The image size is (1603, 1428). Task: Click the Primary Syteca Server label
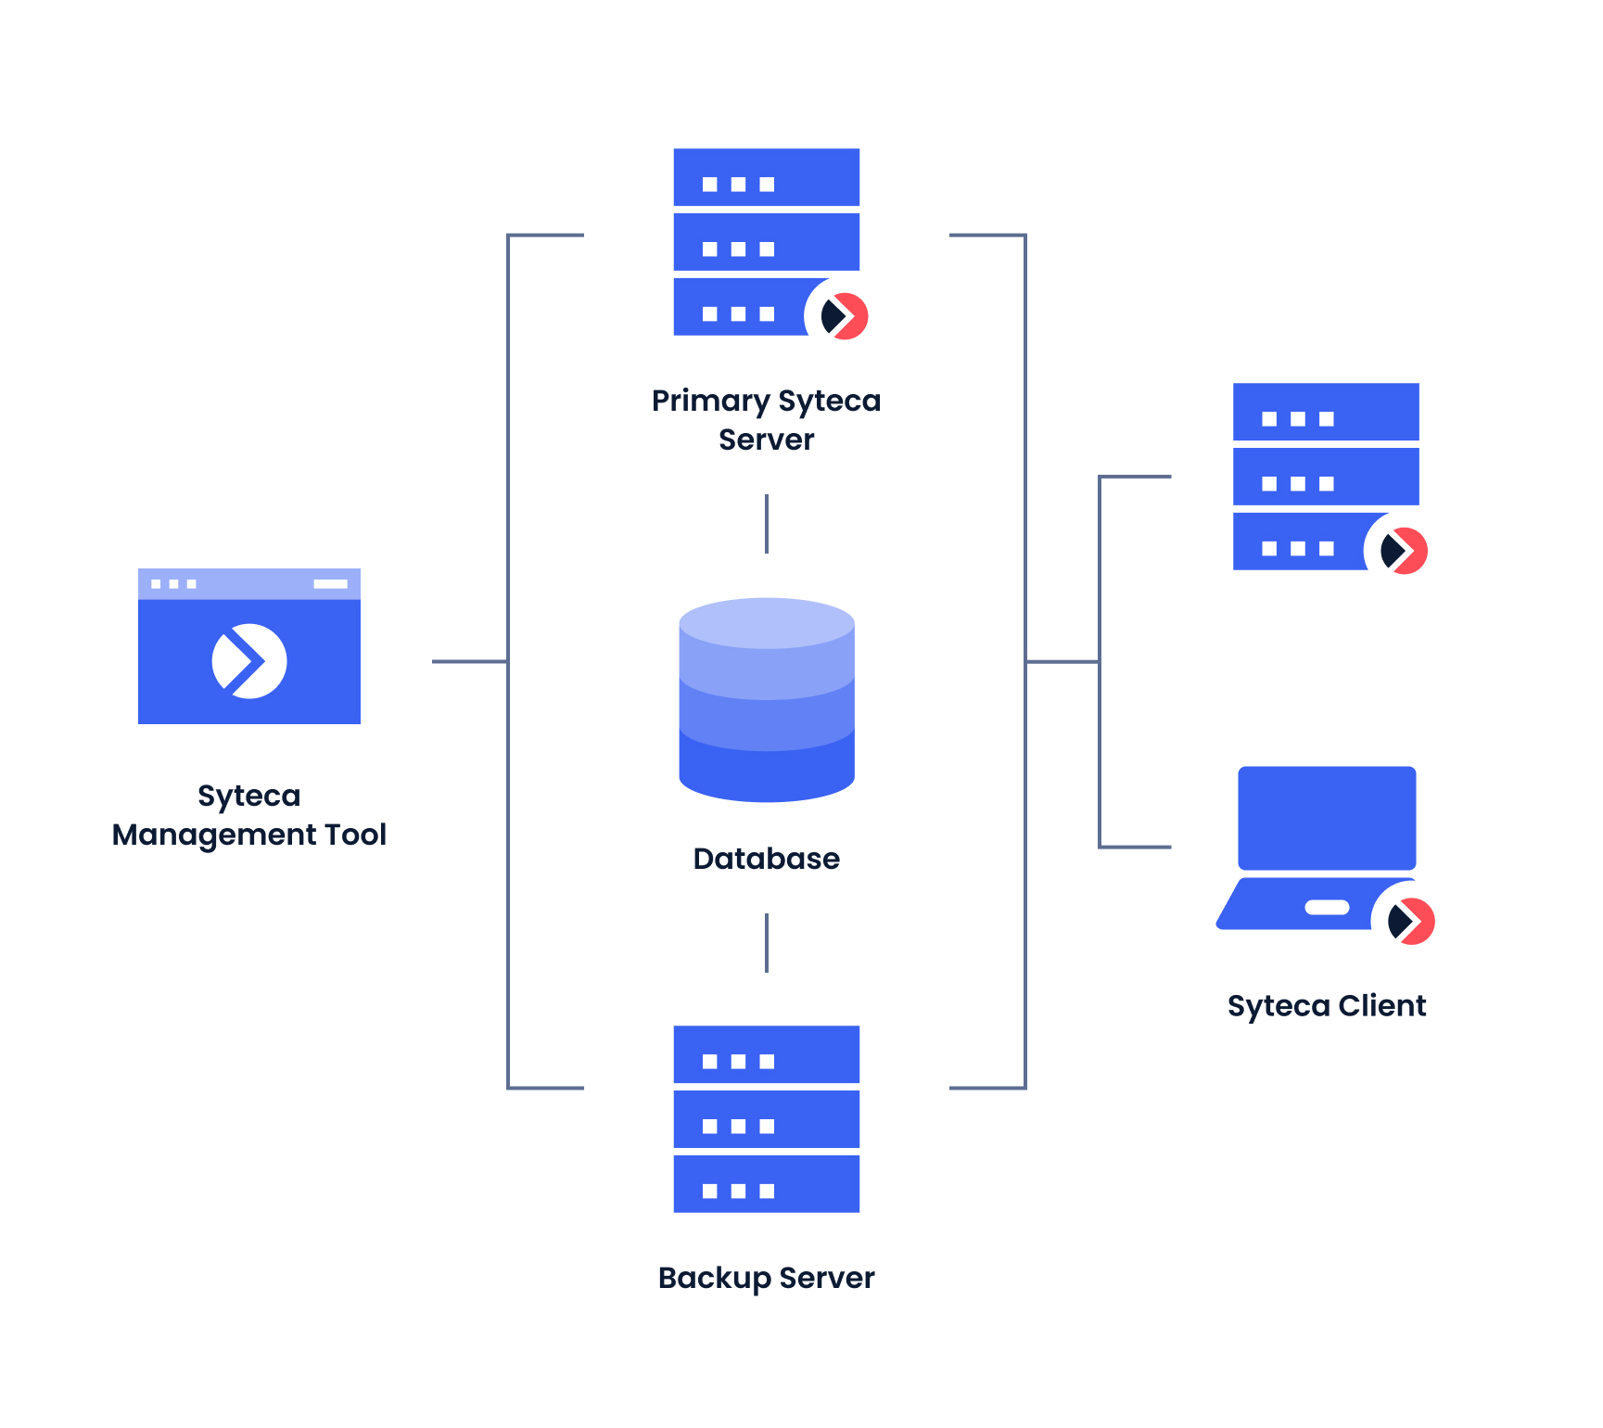(766, 419)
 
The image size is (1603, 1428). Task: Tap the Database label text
(766, 859)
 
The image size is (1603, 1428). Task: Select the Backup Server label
(766, 1278)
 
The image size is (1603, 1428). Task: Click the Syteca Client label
(1326, 1006)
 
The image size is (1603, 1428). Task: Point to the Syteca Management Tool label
(248, 815)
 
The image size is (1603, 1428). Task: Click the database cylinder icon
(767, 700)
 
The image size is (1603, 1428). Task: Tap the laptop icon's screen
(1327, 817)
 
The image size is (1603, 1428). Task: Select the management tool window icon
(248, 646)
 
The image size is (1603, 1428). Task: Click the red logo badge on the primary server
(844, 316)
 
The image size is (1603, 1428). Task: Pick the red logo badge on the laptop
(1410, 921)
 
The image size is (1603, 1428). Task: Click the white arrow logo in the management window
(248, 661)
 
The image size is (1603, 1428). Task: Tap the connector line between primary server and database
(767, 524)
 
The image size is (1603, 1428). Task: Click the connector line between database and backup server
(767, 943)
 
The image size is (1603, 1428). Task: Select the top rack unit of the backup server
(766, 1054)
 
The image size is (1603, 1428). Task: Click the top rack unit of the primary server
(766, 177)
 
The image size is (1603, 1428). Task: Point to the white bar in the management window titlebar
(330, 584)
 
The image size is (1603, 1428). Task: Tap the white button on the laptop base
(1327, 907)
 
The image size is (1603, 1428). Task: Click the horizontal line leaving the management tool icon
(468, 661)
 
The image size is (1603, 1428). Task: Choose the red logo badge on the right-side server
(1403, 551)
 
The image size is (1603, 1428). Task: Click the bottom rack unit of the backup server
(766, 1184)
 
